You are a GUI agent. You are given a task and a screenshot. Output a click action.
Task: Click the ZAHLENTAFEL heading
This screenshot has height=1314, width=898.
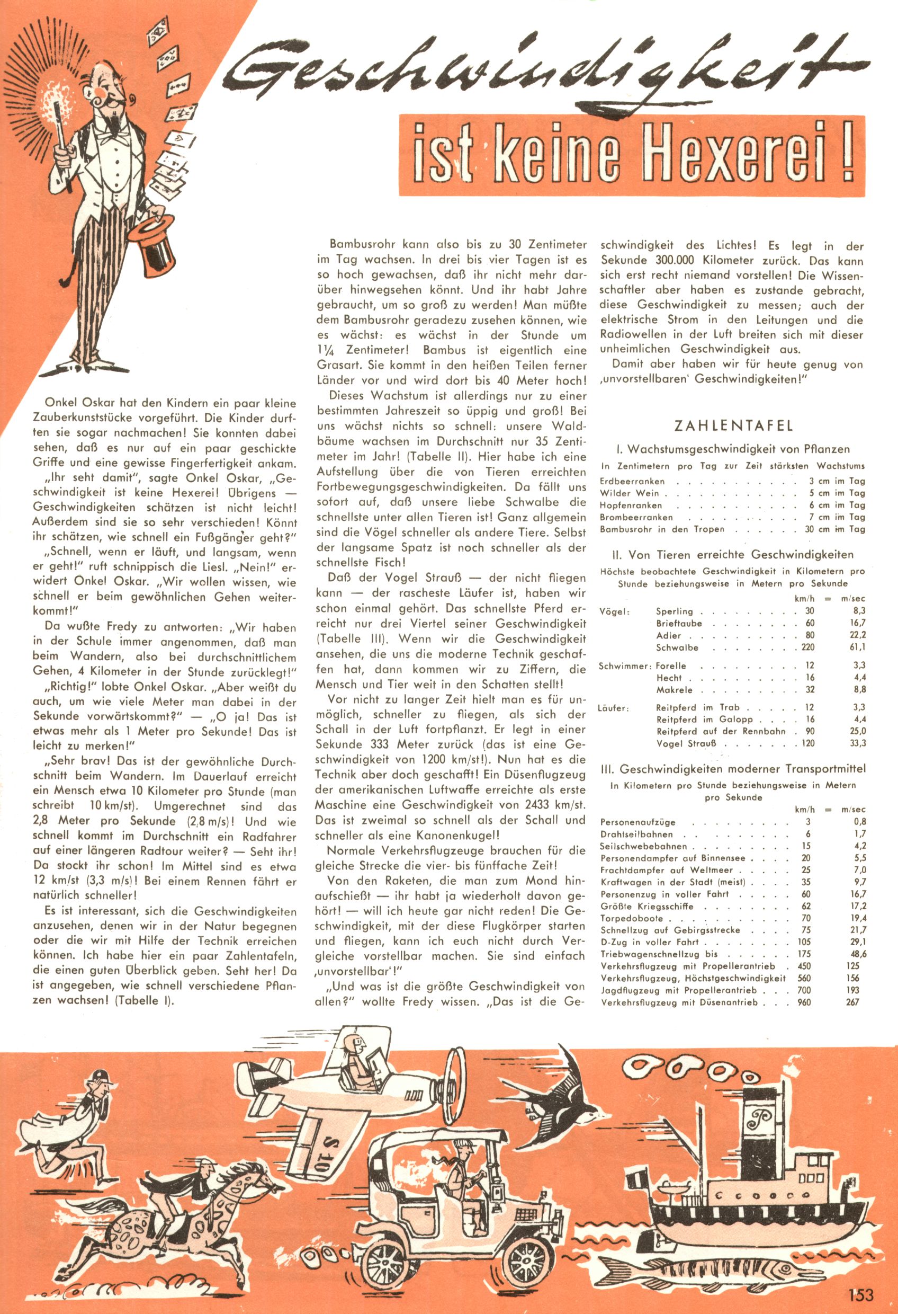pos(732,425)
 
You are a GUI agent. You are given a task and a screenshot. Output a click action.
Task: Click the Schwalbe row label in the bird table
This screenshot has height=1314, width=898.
pos(677,647)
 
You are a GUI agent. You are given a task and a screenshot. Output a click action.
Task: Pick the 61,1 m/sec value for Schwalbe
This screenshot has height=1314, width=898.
pos(857,647)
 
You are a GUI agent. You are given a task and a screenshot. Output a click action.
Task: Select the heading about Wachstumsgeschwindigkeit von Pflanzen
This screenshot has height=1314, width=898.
pos(732,449)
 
